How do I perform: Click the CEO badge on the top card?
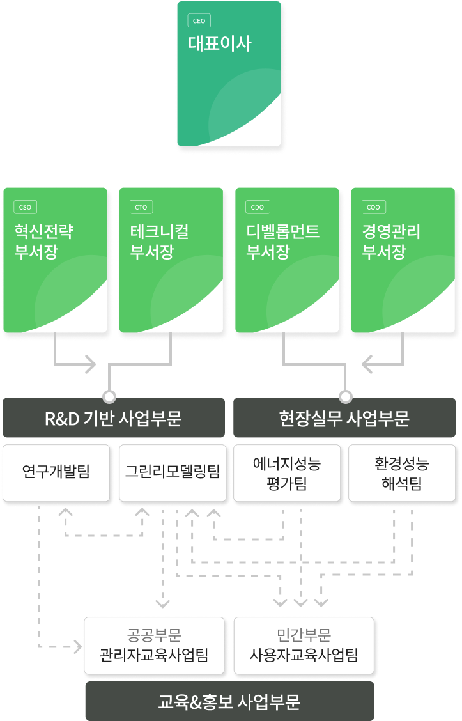(199, 21)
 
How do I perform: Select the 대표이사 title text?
(220, 44)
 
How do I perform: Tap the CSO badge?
(26, 207)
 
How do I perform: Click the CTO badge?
(141, 207)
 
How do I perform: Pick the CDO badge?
(258, 207)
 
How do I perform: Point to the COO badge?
(373, 207)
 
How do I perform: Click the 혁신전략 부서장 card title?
(43, 241)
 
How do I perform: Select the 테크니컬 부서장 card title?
(160, 241)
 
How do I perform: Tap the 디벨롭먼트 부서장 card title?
(282, 241)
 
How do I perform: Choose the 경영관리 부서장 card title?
(391, 241)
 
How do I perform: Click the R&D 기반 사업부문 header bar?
(114, 418)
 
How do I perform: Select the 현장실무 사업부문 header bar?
(344, 418)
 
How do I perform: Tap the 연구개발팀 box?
(56, 472)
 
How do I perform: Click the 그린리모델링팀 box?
(173, 472)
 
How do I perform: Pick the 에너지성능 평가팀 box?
(286, 473)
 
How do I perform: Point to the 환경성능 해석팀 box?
(402, 473)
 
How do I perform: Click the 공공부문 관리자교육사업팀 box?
(154, 646)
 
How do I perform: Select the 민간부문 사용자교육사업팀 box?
(304, 646)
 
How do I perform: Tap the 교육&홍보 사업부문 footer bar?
(229, 702)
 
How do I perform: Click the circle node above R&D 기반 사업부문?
(109, 396)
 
